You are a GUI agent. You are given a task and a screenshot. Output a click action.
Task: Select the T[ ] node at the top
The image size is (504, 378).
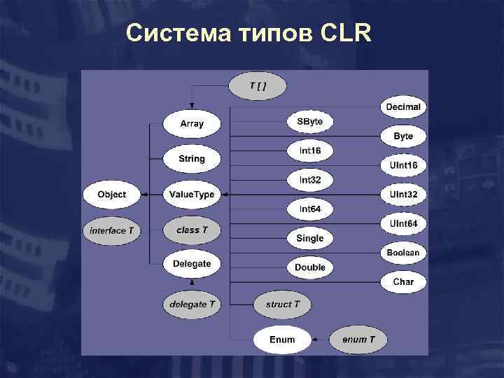[x=258, y=86]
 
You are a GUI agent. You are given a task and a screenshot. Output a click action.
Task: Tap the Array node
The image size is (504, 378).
[x=192, y=124]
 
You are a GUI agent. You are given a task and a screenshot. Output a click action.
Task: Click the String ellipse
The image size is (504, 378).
[x=192, y=159]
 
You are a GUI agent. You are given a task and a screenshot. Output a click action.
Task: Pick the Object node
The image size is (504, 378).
[x=112, y=194]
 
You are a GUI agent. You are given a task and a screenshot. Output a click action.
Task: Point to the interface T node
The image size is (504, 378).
[x=112, y=230]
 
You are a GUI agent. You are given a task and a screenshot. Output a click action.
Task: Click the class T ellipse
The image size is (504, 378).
[x=192, y=230]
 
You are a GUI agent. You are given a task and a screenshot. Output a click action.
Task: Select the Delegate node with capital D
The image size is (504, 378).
[x=192, y=264]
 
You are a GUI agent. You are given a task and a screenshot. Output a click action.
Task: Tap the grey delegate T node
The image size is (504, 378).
[x=192, y=304]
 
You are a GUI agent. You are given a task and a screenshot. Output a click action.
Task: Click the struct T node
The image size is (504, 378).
[x=283, y=304]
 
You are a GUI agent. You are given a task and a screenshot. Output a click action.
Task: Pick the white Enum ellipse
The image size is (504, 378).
[x=282, y=339]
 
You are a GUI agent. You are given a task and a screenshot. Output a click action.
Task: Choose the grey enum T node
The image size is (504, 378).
[x=358, y=339]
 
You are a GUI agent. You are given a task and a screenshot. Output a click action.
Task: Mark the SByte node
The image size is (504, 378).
[x=309, y=122]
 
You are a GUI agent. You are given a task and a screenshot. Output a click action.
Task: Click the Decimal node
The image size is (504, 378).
[x=403, y=107]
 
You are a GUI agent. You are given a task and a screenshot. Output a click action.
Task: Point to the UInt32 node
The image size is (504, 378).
[x=403, y=194]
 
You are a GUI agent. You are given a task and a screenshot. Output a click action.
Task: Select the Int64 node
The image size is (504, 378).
[x=309, y=209]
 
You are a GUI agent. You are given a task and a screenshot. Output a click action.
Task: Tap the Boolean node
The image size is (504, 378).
[x=403, y=253]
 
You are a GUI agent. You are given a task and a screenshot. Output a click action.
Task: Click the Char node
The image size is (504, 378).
[x=403, y=281]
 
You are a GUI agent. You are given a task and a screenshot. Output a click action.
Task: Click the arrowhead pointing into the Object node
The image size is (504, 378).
[x=145, y=194]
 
